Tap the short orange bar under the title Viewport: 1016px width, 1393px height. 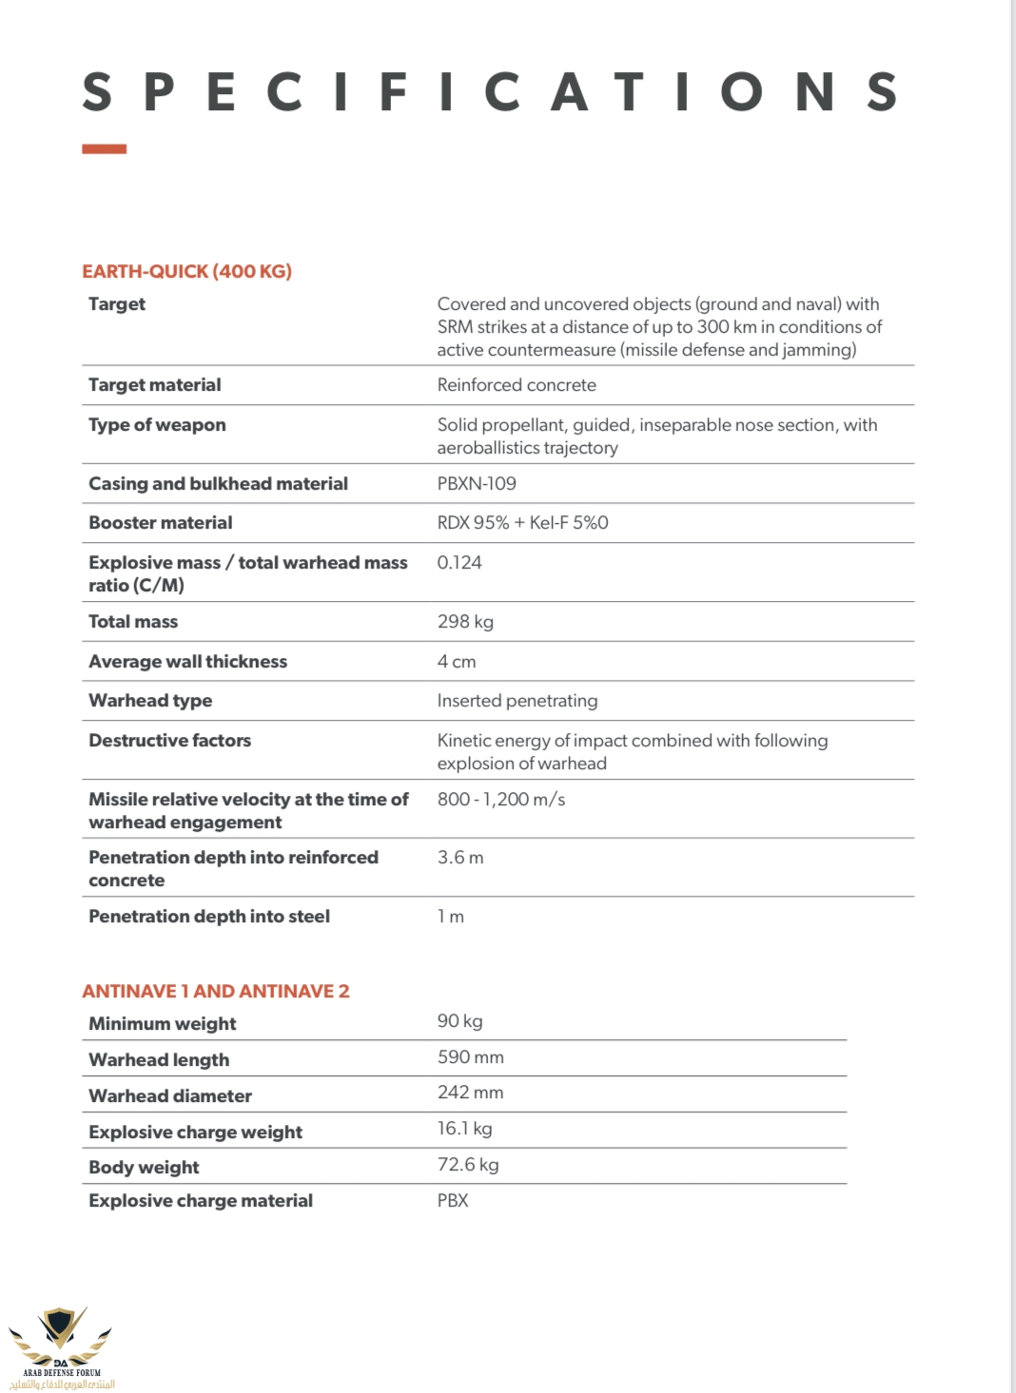(x=104, y=149)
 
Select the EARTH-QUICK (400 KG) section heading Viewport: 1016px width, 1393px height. (x=186, y=271)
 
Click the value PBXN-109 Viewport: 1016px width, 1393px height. (x=477, y=483)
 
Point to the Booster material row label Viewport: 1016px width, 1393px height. (x=160, y=523)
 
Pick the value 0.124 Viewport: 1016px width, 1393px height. (x=459, y=563)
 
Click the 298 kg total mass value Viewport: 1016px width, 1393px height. (x=465, y=622)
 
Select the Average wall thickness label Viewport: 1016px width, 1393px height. (x=187, y=662)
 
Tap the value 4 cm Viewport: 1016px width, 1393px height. (x=457, y=662)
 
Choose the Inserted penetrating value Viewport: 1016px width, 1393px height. (x=518, y=701)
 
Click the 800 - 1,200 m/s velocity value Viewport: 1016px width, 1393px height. (x=501, y=800)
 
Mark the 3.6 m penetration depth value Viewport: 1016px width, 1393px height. (x=460, y=858)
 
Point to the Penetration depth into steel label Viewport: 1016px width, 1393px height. (x=209, y=917)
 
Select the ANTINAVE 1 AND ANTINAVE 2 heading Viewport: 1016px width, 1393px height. (x=216, y=991)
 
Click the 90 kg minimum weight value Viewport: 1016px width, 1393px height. (x=459, y=1021)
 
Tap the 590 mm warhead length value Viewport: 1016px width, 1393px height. (x=471, y=1057)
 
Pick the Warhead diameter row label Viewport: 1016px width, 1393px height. (x=170, y=1096)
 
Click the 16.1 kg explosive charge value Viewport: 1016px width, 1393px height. (x=464, y=1129)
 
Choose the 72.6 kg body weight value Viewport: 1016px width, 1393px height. (x=468, y=1165)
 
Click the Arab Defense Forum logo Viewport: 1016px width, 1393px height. (x=61, y=1345)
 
